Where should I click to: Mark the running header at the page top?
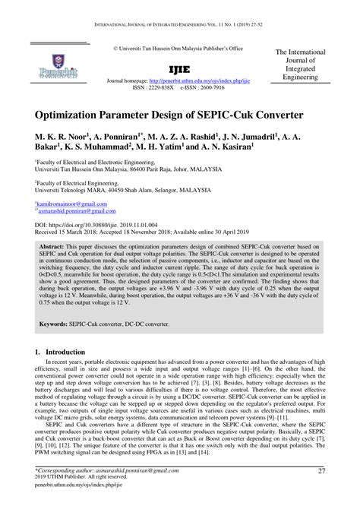pyautogui.click(x=180, y=8)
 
